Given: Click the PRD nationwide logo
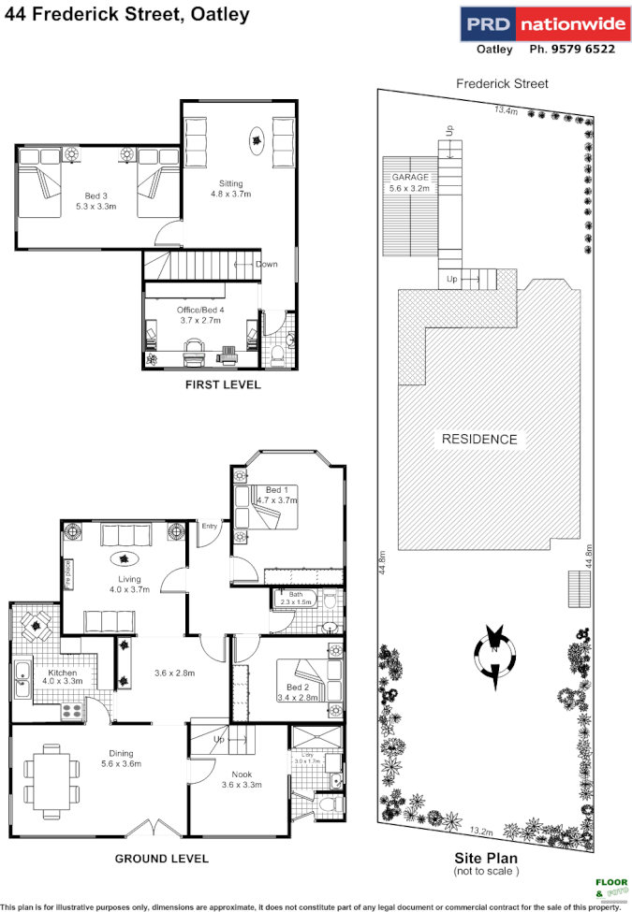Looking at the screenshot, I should pos(538,23).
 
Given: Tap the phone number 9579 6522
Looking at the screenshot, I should pos(572,50).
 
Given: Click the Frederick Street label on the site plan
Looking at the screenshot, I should pos(502,83).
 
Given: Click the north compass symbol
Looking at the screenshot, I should pos(492,648).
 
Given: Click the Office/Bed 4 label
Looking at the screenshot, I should pos(201,314).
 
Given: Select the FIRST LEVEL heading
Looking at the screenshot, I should pos(223,384).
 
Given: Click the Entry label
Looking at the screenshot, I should pos(209,527).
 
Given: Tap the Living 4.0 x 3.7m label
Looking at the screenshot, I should pos(128,584).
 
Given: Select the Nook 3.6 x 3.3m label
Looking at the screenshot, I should pos(241,779).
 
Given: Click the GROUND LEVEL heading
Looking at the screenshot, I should pos(161,859).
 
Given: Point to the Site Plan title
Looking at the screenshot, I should pos(486,858).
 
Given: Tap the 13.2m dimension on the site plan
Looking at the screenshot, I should pos(481,830).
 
